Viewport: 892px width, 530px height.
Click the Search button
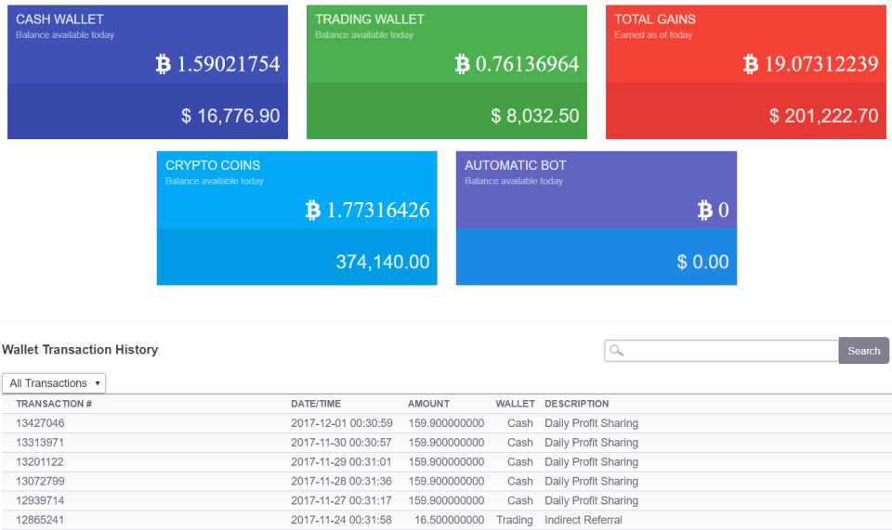pyautogui.click(x=863, y=351)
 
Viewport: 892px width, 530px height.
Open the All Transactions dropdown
pyautogui.click(x=54, y=383)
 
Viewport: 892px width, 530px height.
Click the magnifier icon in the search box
pyautogui.click(x=616, y=351)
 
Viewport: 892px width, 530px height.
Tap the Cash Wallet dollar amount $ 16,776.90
pyautogui.click(x=230, y=116)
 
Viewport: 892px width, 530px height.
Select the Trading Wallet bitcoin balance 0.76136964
pyautogui.click(x=527, y=64)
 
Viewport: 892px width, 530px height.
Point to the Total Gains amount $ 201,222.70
pyautogui.click(x=823, y=116)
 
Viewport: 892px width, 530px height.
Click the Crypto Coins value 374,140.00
pyautogui.click(x=383, y=262)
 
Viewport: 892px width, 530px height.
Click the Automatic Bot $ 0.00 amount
pyautogui.click(x=702, y=262)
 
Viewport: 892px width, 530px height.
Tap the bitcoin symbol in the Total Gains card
pyautogui.click(x=751, y=64)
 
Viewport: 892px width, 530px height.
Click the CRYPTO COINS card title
pyautogui.click(x=213, y=165)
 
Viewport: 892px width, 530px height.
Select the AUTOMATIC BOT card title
pyautogui.click(x=515, y=165)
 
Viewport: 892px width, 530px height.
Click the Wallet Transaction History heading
pyautogui.click(x=80, y=350)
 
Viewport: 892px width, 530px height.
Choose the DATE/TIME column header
pyautogui.click(x=316, y=404)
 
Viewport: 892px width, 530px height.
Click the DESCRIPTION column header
pyautogui.click(x=576, y=404)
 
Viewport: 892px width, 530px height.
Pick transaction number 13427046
pyautogui.click(x=40, y=423)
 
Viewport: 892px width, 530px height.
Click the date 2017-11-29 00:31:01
pyautogui.click(x=341, y=462)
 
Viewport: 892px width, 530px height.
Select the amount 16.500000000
pyautogui.click(x=449, y=520)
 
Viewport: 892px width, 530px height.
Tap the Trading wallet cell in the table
pyautogui.click(x=515, y=520)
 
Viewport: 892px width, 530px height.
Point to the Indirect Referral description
pyautogui.click(x=584, y=520)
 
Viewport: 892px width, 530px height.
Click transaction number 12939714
pyautogui.click(x=40, y=500)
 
